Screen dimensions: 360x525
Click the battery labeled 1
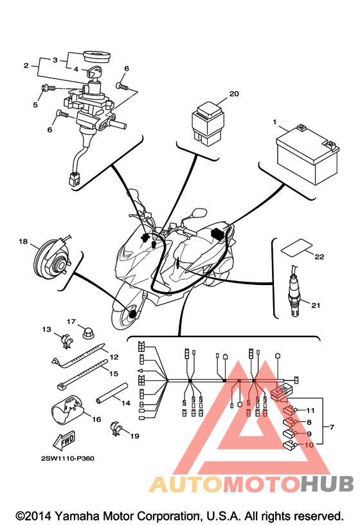[x=307, y=154]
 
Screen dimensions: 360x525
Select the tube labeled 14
[x=112, y=392]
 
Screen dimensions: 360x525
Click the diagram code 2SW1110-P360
[x=68, y=458]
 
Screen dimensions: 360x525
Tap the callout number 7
[x=332, y=427]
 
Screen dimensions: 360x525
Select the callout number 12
[x=114, y=357]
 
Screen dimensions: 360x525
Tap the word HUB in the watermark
[x=327, y=484]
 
